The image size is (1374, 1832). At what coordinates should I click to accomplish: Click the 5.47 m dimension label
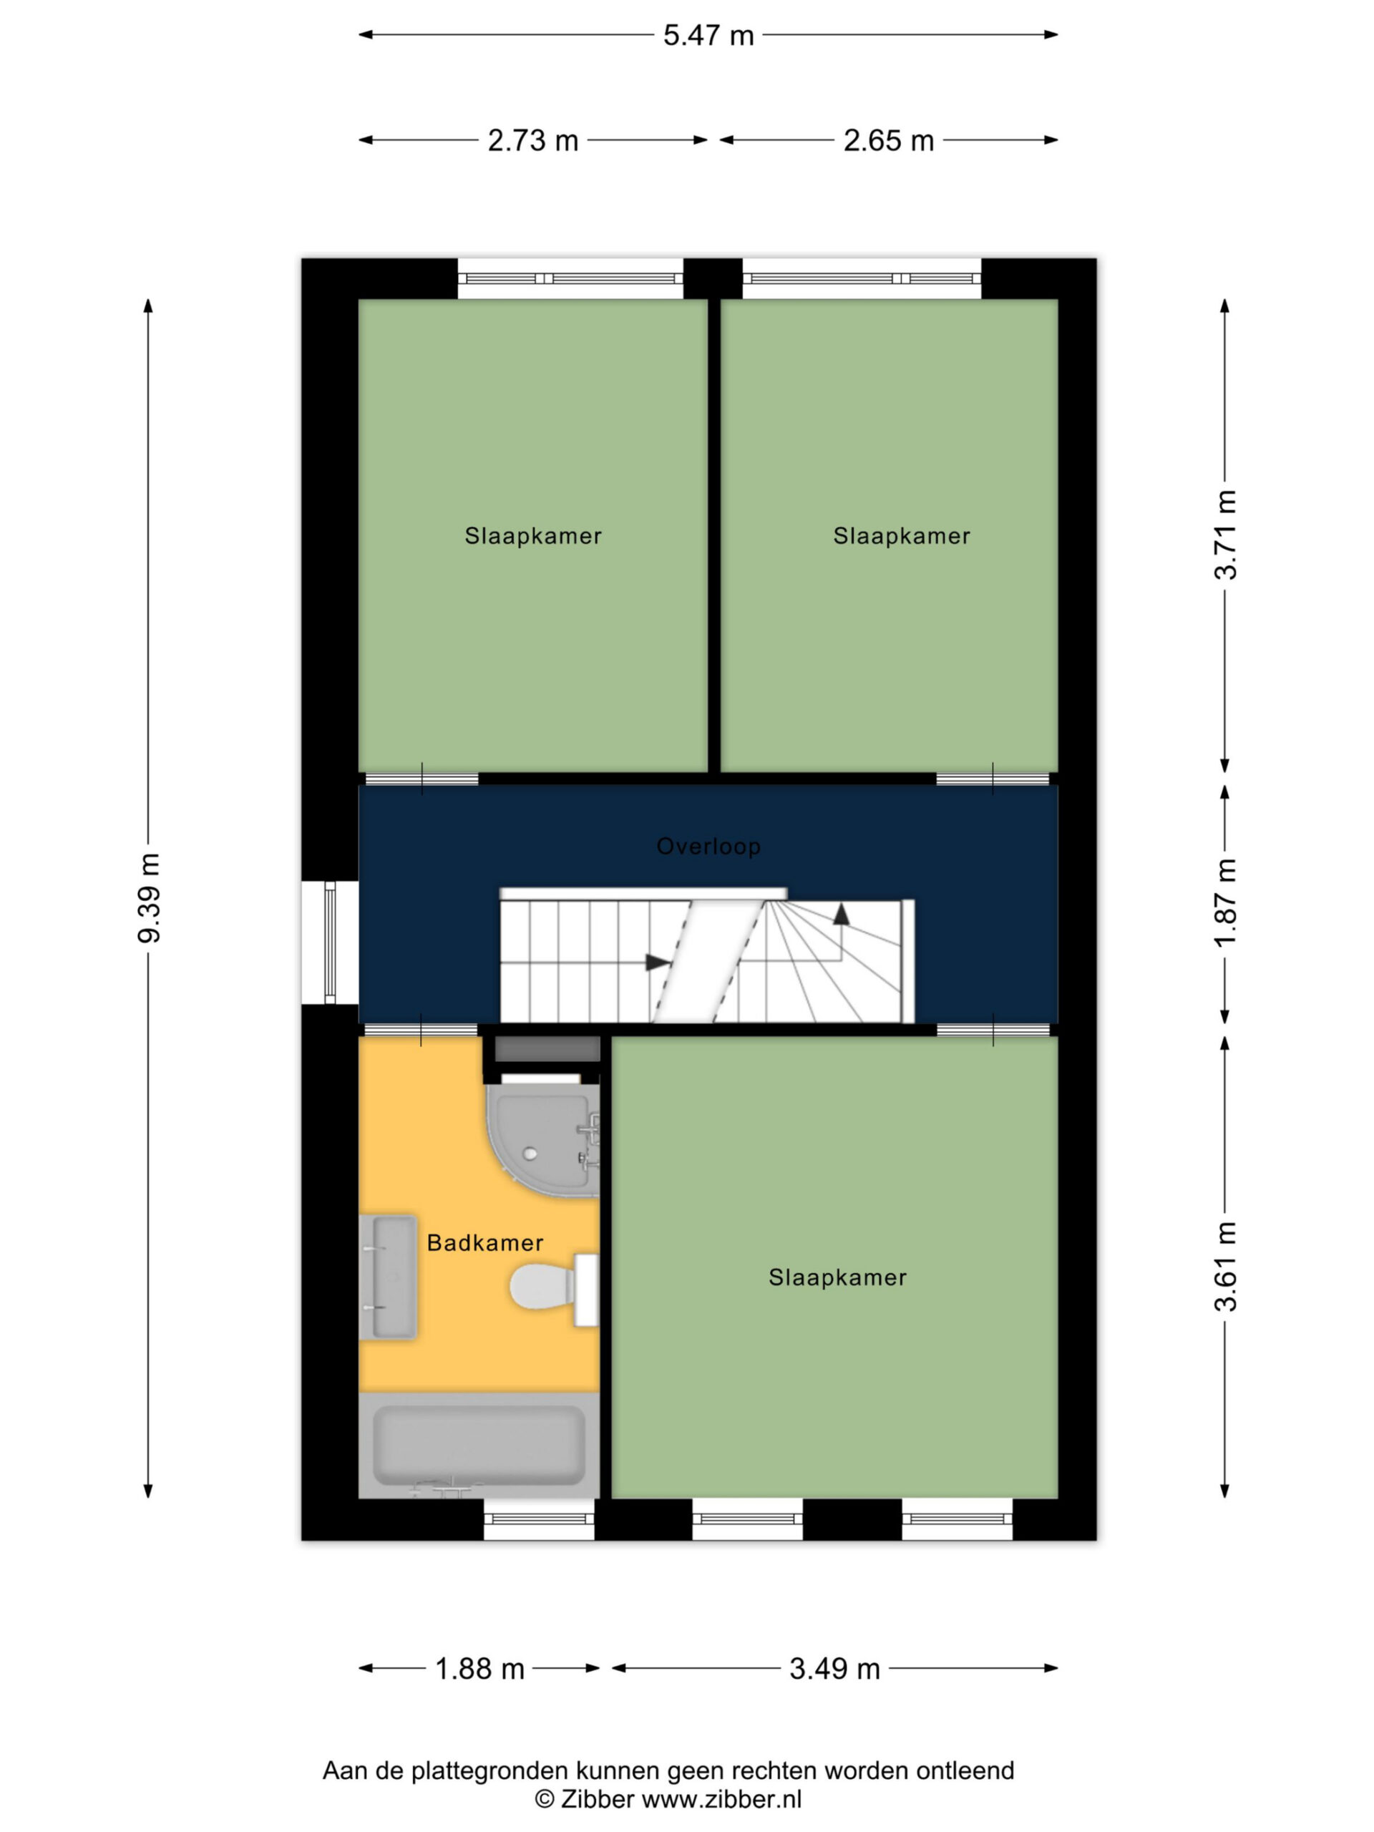click(x=708, y=36)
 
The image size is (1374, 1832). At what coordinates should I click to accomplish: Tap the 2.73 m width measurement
click(x=532, y=141)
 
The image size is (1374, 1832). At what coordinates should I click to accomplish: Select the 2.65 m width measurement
click(x=889, y=141)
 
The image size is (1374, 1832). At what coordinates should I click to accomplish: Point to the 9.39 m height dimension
click(x=150, y=898)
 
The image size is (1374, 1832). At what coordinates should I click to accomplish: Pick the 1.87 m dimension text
click(x=1226, y=902)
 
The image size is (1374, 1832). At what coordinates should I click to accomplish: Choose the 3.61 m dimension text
click(x=1226, y=1267)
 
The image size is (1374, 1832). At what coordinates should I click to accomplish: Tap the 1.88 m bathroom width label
click(x=480, y=1669)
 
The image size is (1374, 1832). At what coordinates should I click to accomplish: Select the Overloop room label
click(x=708, y=847)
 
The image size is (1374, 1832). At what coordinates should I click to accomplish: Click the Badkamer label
click(x=485, y=1242)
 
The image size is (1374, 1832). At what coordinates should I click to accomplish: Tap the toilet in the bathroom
click(x=553, y=1289)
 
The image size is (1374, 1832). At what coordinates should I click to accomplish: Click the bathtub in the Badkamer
click(x=479, y=1446)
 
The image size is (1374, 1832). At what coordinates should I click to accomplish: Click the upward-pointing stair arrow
click(x=842, y=914)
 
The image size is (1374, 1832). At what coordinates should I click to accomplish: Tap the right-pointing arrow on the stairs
click(x=658, y=963)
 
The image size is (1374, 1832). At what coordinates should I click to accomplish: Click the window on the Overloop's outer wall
click(x=330, y=942)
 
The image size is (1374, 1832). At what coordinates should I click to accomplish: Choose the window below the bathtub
click(x=539, y=1519)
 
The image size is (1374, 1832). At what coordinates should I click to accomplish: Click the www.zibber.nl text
click(x=721, y=1799)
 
